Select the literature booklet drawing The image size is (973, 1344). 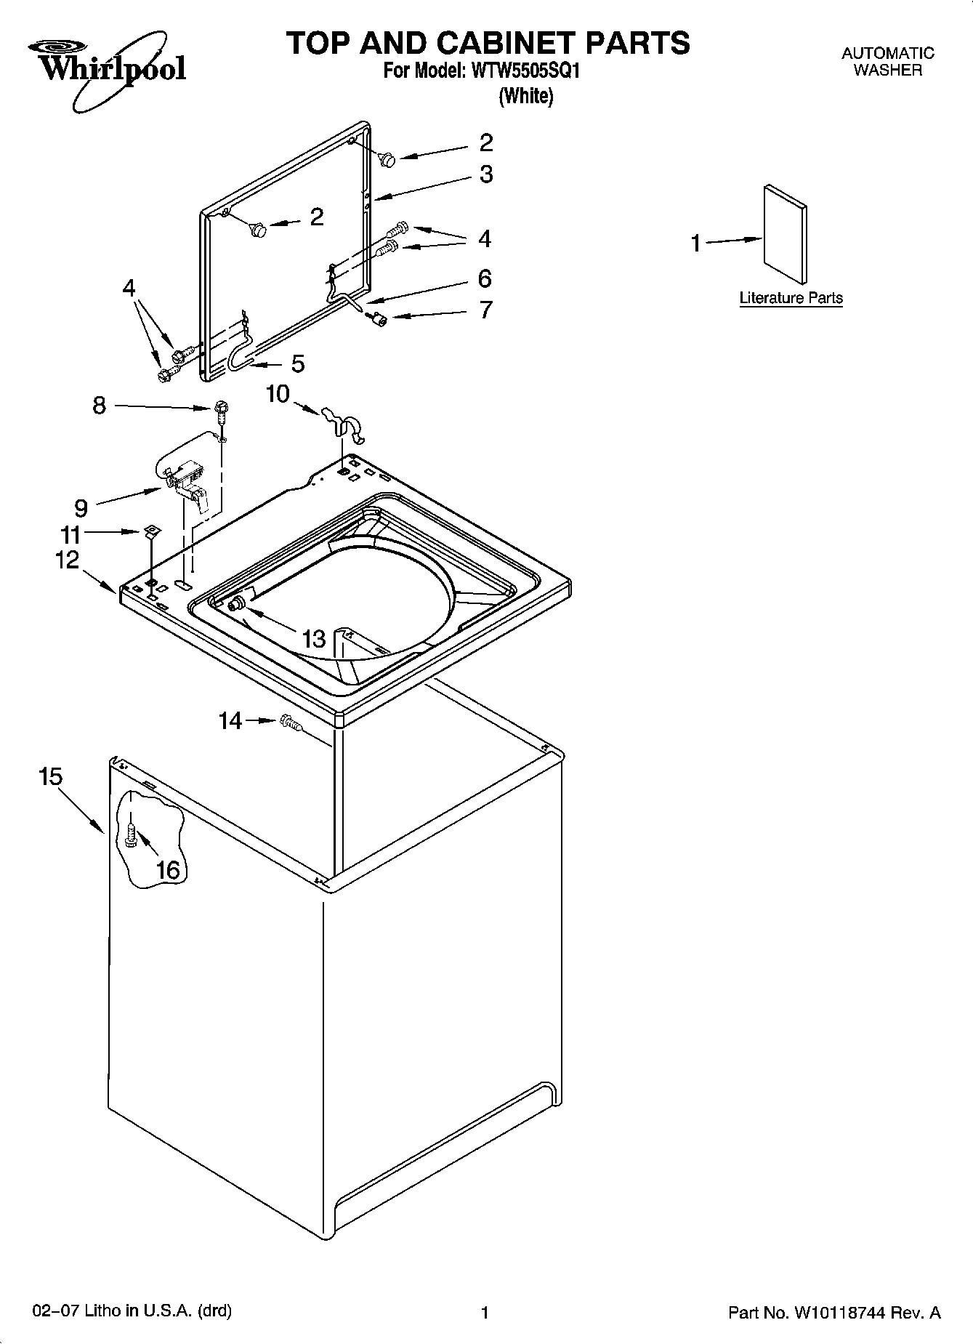click(785, 233)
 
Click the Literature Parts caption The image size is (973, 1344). click(791, 298)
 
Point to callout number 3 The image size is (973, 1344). click(486, 174)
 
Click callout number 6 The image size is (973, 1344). click(485, 278)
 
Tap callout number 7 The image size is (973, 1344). click(485, 310)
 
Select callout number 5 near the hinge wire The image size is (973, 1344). click(298, 363)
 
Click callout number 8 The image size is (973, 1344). click(100, 406)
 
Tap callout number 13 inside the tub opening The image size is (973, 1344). click(314, 639)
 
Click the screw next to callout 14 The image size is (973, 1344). click(288, 723)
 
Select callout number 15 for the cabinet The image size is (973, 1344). click(51, 777)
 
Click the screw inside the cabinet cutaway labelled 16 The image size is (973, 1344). click(131, 835)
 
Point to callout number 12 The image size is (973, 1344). click(68, 560)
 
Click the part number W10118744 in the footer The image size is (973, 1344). click(847, 1313)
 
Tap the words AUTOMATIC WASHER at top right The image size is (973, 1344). click(887, 62)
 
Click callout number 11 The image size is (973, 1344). click(70, 535)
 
